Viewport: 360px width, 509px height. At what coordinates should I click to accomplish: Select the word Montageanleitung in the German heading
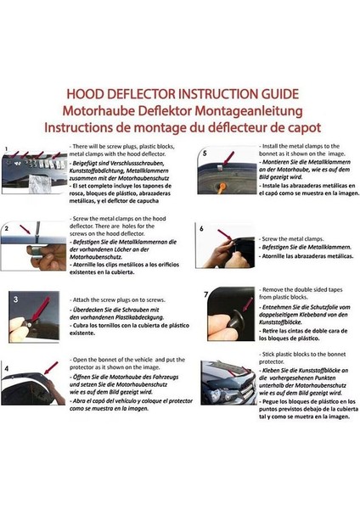coord(238,109)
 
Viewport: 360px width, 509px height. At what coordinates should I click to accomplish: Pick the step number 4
coord(8,370)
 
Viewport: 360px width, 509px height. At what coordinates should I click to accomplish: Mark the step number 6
coord(201,228)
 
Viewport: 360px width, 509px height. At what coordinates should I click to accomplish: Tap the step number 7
coord(205,294)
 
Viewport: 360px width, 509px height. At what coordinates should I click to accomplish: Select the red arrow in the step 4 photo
coord(49,366)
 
